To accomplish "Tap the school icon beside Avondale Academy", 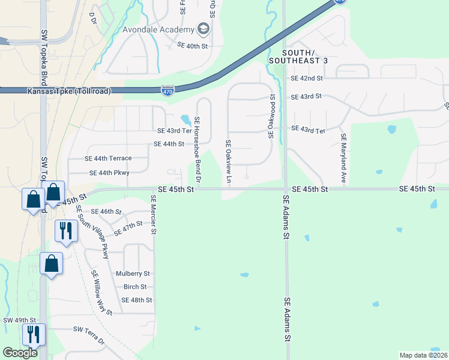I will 203,29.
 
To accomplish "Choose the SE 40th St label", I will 192,46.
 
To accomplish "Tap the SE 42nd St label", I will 306,78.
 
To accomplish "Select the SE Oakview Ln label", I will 228,161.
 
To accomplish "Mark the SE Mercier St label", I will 154,214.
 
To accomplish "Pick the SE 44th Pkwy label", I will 109,173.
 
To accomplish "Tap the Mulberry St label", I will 133,273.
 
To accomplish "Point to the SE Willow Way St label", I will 101,293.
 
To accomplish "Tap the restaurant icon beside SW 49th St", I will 32,334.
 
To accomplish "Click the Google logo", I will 20,353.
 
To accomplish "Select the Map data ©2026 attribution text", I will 423,355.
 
